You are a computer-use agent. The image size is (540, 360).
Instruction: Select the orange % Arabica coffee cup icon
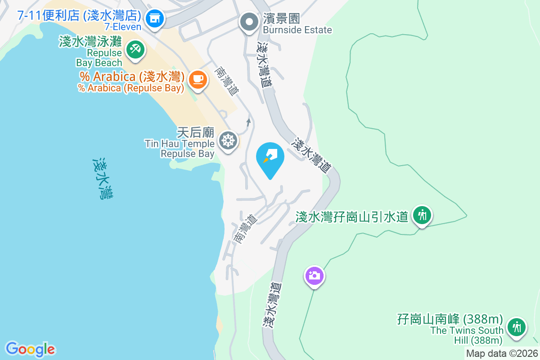[x=197, y=79]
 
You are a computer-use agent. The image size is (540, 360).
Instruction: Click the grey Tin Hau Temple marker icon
[x=228, y=141]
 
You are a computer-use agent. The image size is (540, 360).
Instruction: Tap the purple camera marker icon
[x=315, y=275]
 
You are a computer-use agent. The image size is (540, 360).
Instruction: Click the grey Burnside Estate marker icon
[x=248, y=22]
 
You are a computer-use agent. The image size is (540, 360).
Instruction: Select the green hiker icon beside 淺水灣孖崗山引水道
[x=422, y=215]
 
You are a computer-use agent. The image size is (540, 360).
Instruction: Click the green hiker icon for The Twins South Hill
[x=516, y=327]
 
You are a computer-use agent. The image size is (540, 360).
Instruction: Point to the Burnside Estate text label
[x=297, y=30]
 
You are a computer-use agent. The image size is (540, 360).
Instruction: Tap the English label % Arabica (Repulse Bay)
[x=131, y=88]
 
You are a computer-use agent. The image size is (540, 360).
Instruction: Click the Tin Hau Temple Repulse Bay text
[x=180, y=148]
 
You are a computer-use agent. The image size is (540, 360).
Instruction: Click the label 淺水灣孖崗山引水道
[x=351, y=217]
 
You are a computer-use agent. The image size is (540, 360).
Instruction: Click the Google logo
[x=30, y=349]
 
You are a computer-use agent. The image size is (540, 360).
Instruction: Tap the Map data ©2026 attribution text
[x=502, y=354]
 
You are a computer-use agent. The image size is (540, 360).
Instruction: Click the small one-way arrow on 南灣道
[x=248, y=122]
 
